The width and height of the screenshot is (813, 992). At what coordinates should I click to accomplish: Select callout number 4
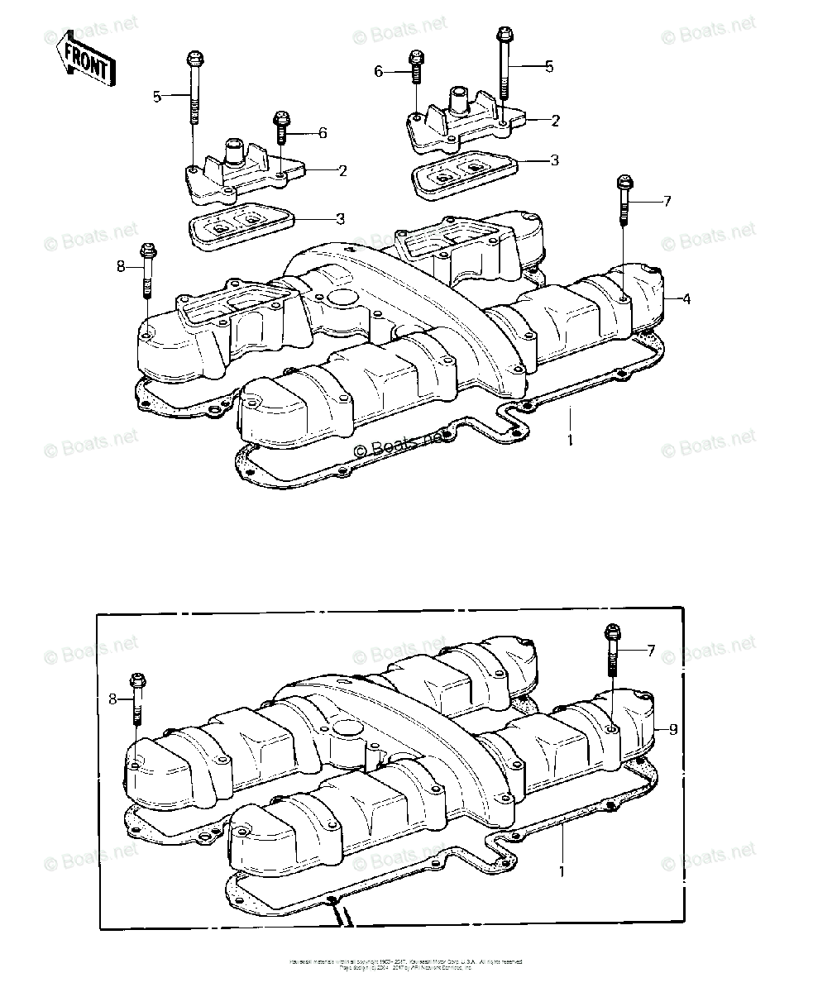click(686, 298)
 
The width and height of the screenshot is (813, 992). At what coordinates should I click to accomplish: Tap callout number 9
click(673, 729)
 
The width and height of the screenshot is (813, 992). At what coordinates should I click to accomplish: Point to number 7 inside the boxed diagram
click(651, 651)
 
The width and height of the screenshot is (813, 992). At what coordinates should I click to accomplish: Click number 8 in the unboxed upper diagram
click(121, 266)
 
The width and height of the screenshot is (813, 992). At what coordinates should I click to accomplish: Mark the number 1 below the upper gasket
click(570, 440)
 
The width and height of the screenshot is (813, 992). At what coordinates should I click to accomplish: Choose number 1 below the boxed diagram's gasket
click(563, 870)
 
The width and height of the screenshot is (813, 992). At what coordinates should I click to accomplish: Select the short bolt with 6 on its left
click(415, 70)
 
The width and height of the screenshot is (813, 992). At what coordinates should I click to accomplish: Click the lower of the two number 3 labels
click(340, 219)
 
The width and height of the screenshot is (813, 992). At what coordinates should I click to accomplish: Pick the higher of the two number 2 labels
click(555, 121)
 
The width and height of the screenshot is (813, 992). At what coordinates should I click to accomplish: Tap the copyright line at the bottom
click(405, 963)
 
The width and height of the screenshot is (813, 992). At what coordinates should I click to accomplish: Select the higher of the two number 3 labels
click(555, 160)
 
